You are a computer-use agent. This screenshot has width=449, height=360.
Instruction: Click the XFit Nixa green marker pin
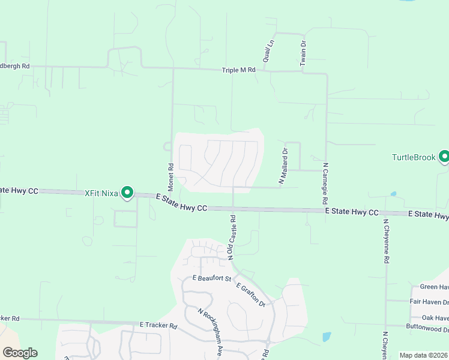[127, 193]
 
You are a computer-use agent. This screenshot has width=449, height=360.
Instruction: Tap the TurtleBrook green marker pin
[444, 157]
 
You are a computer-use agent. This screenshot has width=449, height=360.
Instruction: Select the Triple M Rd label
[239, 70]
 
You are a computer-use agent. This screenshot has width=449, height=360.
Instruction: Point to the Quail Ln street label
[268, 51]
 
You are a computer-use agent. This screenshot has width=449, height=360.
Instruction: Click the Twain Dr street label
[304, 51]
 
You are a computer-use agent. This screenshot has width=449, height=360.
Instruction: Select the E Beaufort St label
[212, 278]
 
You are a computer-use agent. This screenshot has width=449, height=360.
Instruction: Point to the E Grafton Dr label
[251, 295]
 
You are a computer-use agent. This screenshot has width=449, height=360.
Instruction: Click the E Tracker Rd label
[158, 326]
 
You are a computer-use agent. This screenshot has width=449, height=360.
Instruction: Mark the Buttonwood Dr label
[427, 329]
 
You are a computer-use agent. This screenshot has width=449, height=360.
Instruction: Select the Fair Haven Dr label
[429, 302]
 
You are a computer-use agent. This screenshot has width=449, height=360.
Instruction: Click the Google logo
[20, 353]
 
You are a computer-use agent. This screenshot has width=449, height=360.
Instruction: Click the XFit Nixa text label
[101, 193]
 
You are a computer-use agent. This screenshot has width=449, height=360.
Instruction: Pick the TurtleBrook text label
[414, 158]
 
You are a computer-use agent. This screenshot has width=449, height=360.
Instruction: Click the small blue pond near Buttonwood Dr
[326, 337]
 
